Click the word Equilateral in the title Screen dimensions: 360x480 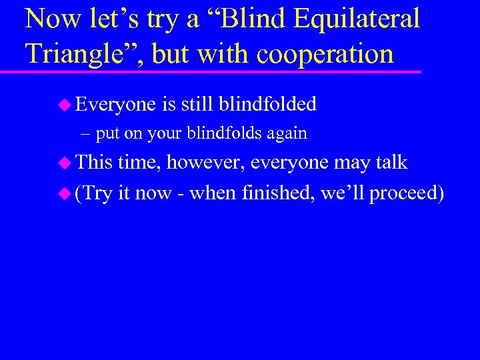(356, 18)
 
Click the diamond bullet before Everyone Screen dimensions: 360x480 (64, 104)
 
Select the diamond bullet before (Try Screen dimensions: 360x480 (64, 193)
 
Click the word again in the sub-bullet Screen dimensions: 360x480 (287, 134)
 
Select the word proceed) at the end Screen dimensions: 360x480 (407, 194)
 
